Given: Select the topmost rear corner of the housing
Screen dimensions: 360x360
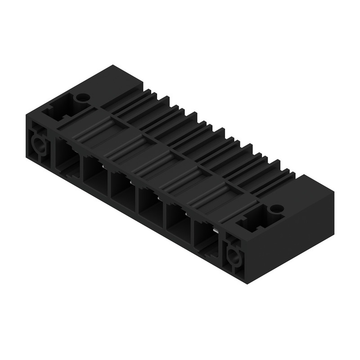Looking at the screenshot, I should coord(114,66).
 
